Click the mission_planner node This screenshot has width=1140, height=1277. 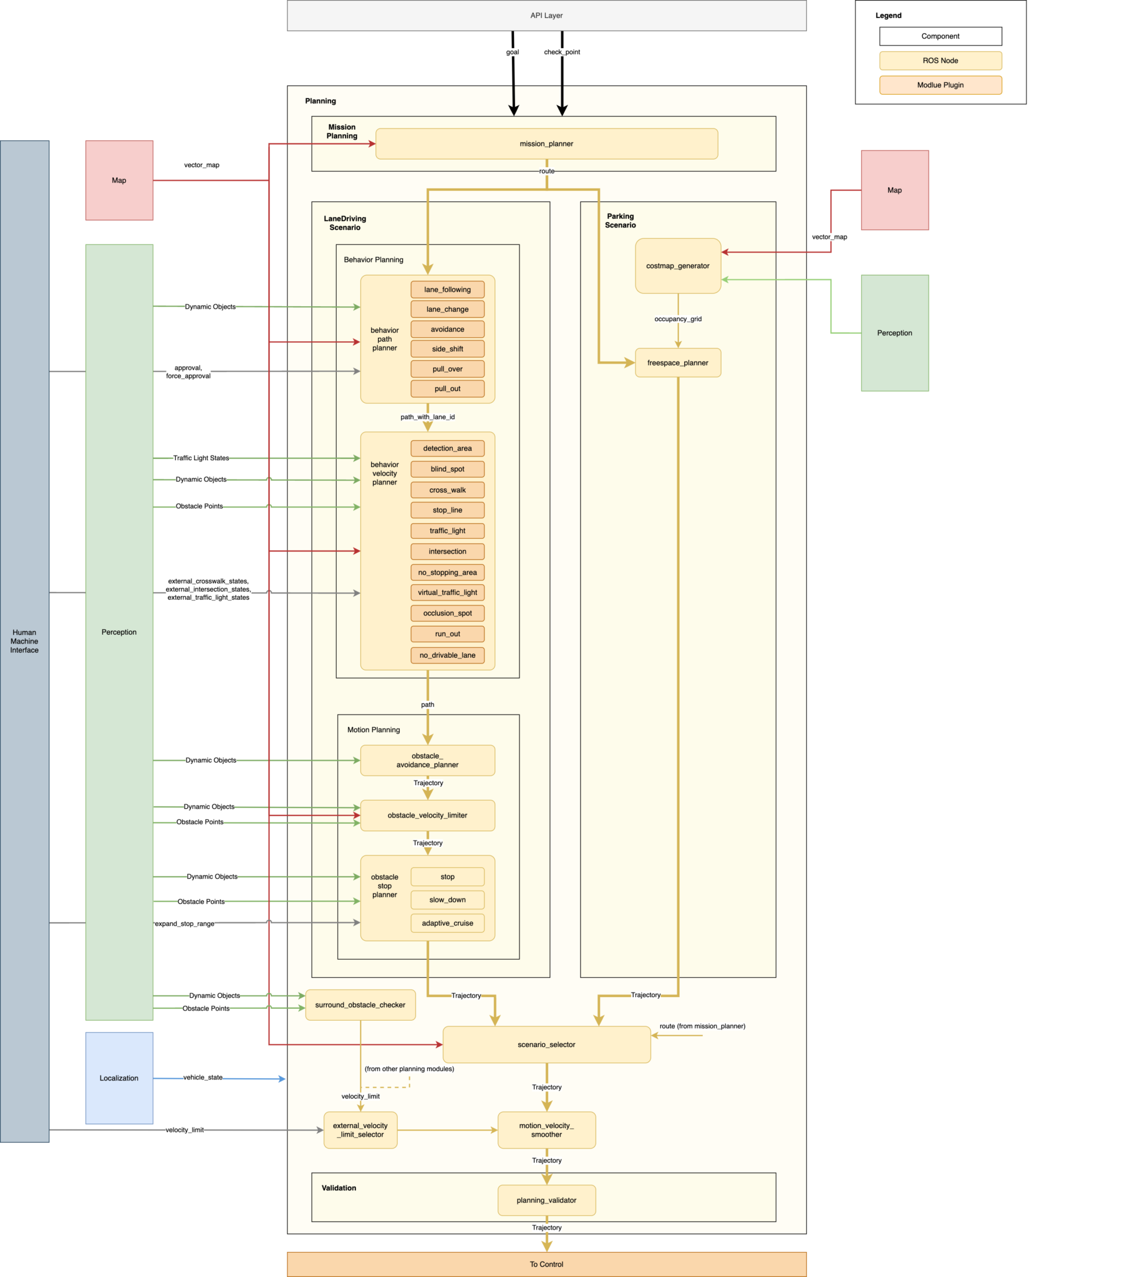point(546,143)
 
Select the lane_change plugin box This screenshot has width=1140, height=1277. point(447,309)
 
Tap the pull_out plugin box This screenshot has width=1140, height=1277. point(447,389)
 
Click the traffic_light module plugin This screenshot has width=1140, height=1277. point(447,531)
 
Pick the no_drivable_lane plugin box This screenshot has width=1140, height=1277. point(447,655)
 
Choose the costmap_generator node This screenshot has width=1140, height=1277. point(678,266)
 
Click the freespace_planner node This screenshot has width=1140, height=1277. point(678,363)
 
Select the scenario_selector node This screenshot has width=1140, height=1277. point(546,1044)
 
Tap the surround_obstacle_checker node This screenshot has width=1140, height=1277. point(360,1005)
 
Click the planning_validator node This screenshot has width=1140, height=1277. point(546,1200)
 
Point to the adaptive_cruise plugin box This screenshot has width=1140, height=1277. point(447,923)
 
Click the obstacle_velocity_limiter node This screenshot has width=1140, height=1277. point(427,816)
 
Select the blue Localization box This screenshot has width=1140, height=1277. point(119,1078)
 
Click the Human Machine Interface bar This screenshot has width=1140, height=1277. point(24,642)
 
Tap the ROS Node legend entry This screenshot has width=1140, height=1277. point(940,60)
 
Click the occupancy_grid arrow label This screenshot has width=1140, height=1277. point(678,319)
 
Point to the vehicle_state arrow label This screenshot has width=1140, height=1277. point(202,1077)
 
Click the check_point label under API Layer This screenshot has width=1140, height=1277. point(562,52)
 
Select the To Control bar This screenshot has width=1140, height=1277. point(546,1264)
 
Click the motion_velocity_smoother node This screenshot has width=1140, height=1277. point(546,1130)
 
